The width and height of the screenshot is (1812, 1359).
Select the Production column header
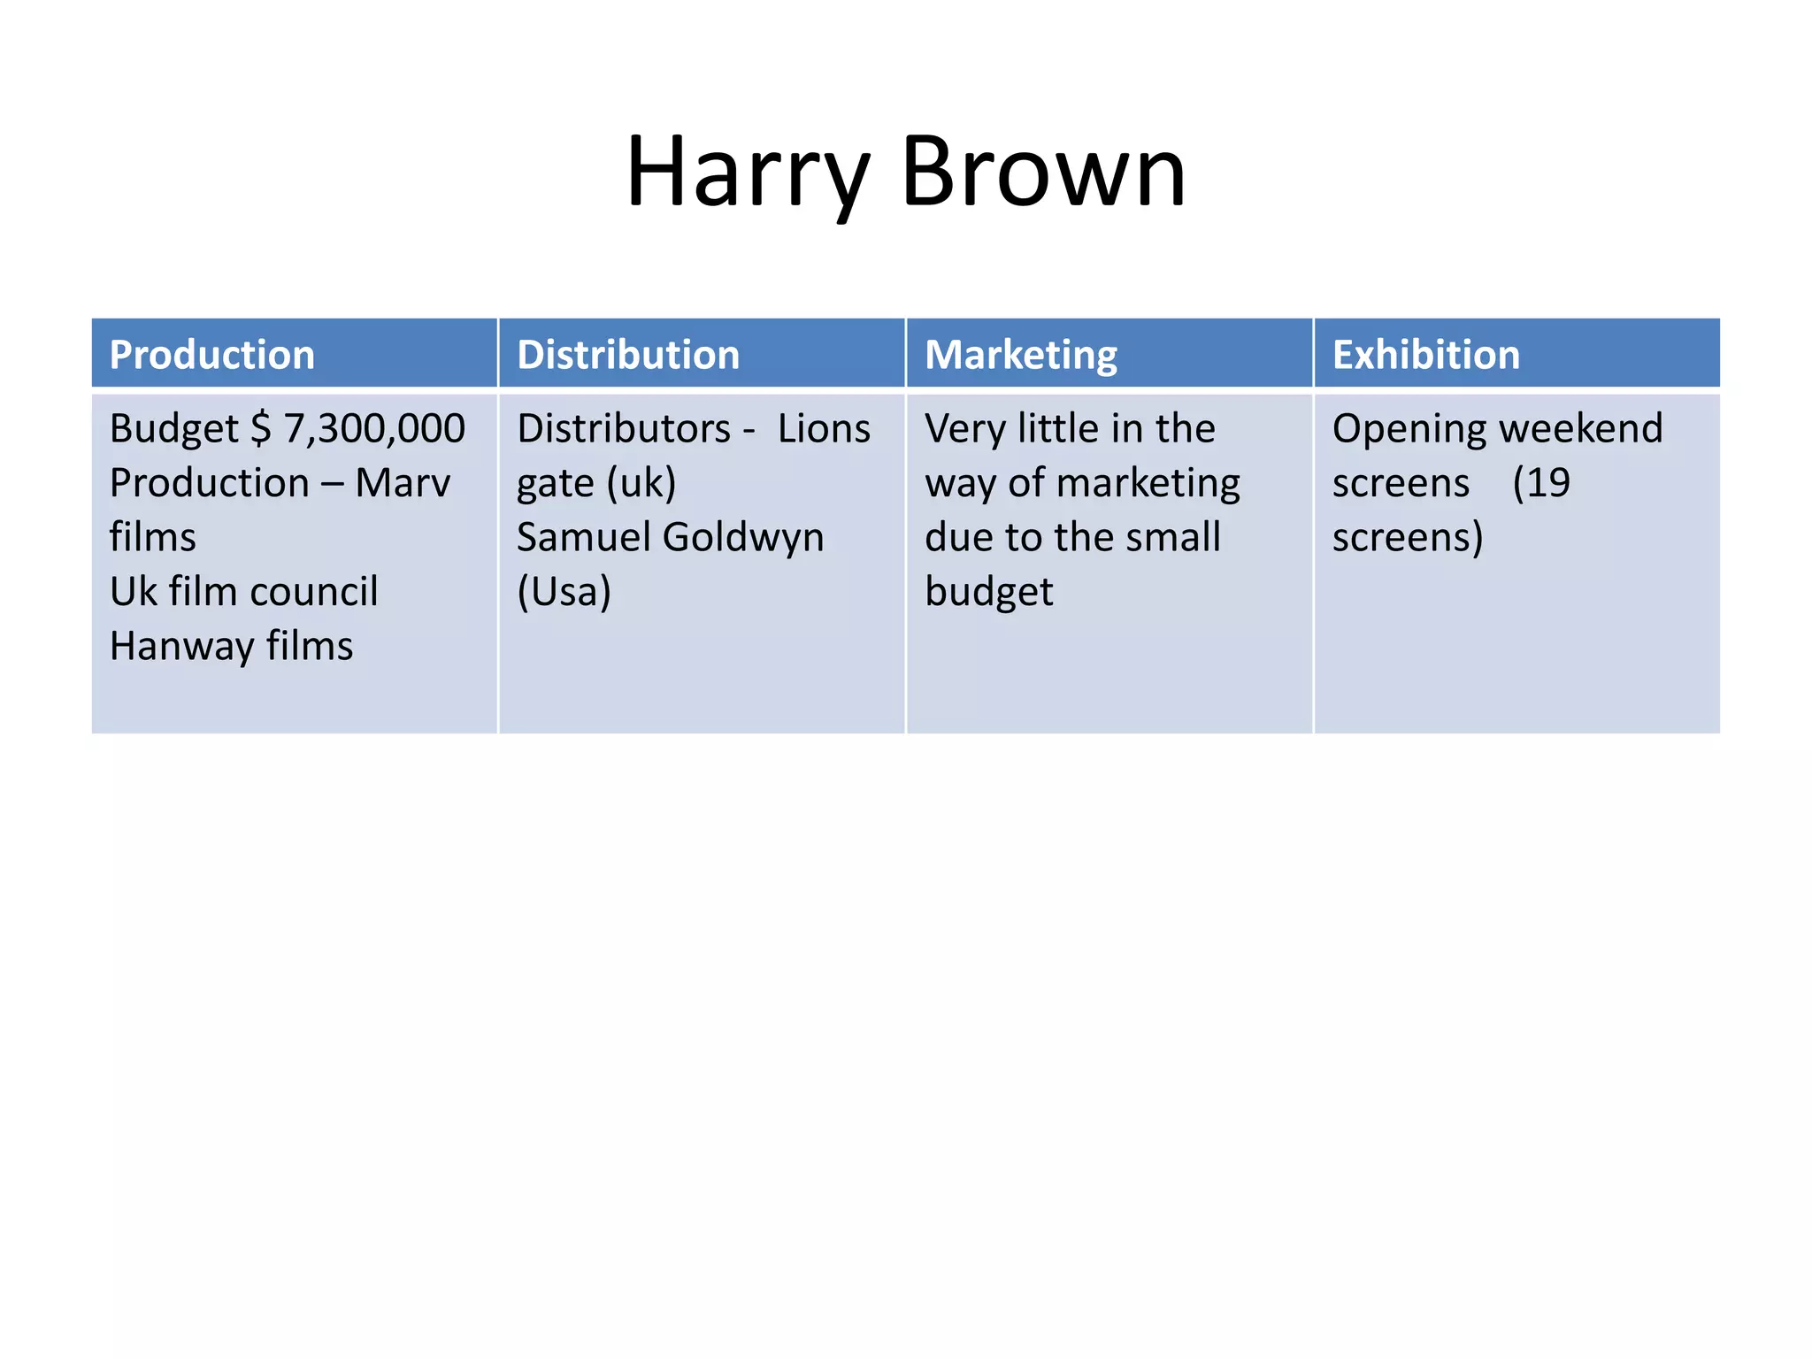point(212,355)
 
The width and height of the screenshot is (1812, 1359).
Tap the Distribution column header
point(628,355)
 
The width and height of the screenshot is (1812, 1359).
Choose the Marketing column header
point(1021,355)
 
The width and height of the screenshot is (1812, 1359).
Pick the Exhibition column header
point(1426,355)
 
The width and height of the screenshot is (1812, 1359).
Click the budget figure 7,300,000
point(374,429)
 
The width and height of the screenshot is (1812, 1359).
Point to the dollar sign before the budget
point(261,429)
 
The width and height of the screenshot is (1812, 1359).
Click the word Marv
point(403,484)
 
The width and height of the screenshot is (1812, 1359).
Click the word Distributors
point(624,429)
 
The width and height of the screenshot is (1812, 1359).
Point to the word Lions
point(824,429)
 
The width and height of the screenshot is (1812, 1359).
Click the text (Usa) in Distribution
point(564,592)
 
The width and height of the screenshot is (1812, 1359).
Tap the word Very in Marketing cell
point(965,429)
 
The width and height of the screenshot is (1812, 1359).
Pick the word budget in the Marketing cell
point(988,592)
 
